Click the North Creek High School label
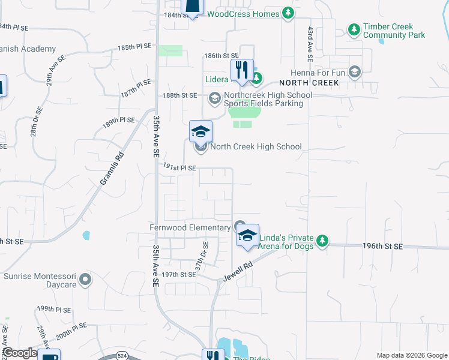(256, 147)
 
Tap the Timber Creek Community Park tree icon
(354, 29)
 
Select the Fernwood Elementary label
(190, 227)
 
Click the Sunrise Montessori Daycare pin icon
(85, 279)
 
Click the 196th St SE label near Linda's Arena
(382, 247)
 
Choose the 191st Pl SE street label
(179, 168)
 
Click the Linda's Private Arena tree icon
(322, 241)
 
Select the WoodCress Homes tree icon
(288, 13)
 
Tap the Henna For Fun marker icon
(354, 73)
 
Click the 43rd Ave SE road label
(310, 44)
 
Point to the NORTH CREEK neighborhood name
(313, 82)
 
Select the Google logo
(19, 353)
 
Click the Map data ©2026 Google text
(411, 355)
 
